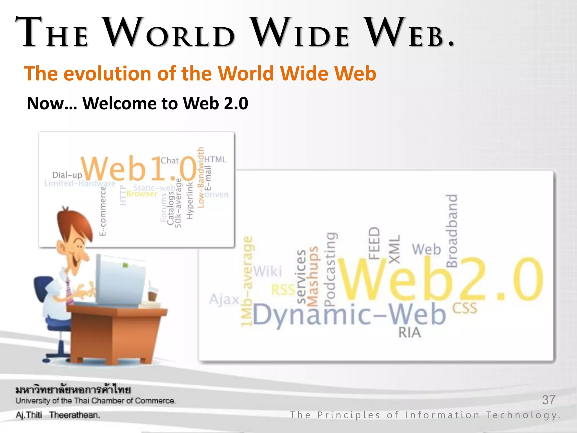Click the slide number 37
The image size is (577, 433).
(549, 400)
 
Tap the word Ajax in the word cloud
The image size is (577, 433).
(224, 299)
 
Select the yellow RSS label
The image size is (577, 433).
(283, 290)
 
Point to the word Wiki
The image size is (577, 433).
(268, 271)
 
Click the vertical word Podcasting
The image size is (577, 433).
(330, 269)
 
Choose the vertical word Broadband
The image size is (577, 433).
(452, 231)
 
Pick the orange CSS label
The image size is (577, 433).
(465, 308)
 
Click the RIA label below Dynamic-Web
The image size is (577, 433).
(409, 333)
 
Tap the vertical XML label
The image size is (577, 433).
(394, 249)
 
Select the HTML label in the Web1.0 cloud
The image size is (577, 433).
(215, 160)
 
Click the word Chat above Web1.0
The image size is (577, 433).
(170, 161)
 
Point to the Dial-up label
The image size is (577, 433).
(67, 175)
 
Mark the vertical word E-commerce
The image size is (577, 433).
(103, 211)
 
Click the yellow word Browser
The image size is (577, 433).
(142, 194)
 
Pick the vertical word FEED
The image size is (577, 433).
(374, 243)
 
